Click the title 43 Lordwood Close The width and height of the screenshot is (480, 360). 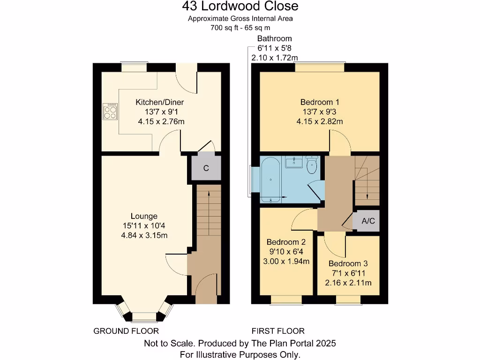(240, 7)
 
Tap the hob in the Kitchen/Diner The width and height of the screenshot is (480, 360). (110, 111)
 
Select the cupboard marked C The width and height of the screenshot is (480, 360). (206, 168)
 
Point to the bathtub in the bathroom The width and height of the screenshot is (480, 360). (271, 180)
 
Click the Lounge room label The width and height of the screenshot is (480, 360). (144, 216)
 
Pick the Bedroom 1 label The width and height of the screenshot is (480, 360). (320, 102)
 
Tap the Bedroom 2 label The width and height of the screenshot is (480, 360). (286, 242)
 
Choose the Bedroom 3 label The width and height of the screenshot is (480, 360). (348, 264)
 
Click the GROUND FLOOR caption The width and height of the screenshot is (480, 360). (126, 331)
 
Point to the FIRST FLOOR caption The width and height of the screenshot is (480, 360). (278, 331)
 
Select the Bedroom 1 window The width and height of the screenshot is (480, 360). (320, 67)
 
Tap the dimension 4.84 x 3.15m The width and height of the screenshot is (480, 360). (144, 235)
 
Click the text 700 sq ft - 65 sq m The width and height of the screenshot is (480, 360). (240, 28)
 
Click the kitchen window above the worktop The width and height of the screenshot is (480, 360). (134, 67)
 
